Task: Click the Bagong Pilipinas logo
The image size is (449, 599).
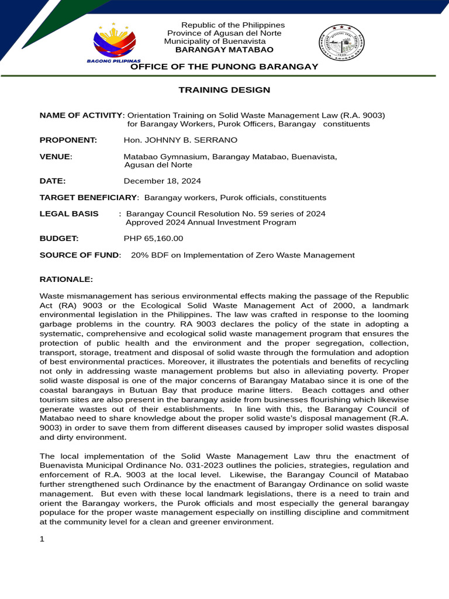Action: click(x=115, y=43)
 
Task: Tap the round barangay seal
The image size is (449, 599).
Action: click(x=342, y=46)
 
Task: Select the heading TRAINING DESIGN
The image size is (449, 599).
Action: click(x=224, y=90)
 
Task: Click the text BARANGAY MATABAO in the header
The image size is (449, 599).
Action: click(x=224, y=50)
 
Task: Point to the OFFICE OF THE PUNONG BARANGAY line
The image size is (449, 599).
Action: click(x=224, y=67)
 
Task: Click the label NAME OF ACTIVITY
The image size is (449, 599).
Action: click(x=81, y=115)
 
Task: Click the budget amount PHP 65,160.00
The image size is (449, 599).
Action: click(x=154, y=239)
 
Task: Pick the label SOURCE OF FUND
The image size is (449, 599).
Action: click(x=80, y=255)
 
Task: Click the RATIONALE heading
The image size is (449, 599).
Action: click(x=66, y=280)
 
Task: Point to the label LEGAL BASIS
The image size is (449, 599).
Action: click(x=69, y=214)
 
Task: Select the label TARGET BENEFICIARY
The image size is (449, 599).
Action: click(x=88, y=198)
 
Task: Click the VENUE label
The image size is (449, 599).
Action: click(x=55, y=157)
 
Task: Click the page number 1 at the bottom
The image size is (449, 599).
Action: click(x=42, y=539)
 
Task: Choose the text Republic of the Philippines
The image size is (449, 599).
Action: click(x=233, y=25)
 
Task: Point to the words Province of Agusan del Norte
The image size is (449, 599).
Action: click(x=224, y=33)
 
